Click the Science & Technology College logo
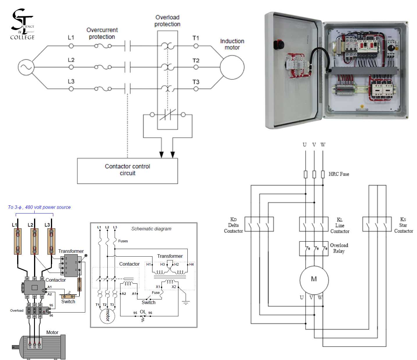click(23, 24)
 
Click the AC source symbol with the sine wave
click(26, 67)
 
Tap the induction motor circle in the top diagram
click(232, 67)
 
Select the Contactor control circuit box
click(127, 171)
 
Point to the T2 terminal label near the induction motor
click(196, 61)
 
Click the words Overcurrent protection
click(102, 33)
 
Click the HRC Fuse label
click(339, 174)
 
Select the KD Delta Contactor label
click(233, 225)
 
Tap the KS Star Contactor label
click(403, 225)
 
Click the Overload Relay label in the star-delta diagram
click(339, 248)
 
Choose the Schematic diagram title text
click(151, 229)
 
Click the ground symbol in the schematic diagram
click(186, 303)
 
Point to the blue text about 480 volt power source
click(39, 207)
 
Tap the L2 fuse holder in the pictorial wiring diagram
click(35, 241)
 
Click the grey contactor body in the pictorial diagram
click(34, 287)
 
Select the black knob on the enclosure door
click(279, 45)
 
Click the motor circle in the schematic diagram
click(107, 316)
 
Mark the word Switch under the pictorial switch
click(68, 302)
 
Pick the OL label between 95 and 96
click(143, 312)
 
